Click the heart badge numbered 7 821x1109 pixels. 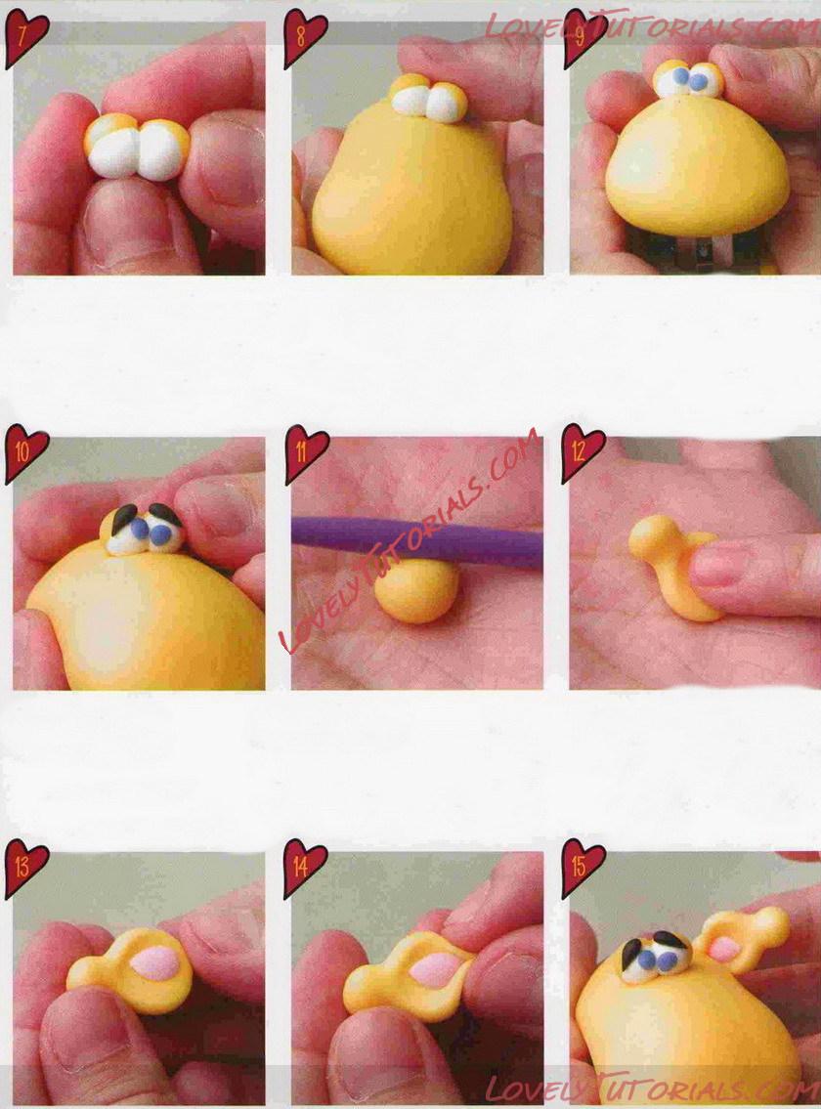coord(25,38)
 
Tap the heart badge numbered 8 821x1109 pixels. coord(304,38)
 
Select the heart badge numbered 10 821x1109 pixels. coord(26,452)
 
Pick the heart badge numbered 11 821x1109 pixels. coord(305,452)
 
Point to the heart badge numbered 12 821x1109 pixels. coord(583,452)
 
